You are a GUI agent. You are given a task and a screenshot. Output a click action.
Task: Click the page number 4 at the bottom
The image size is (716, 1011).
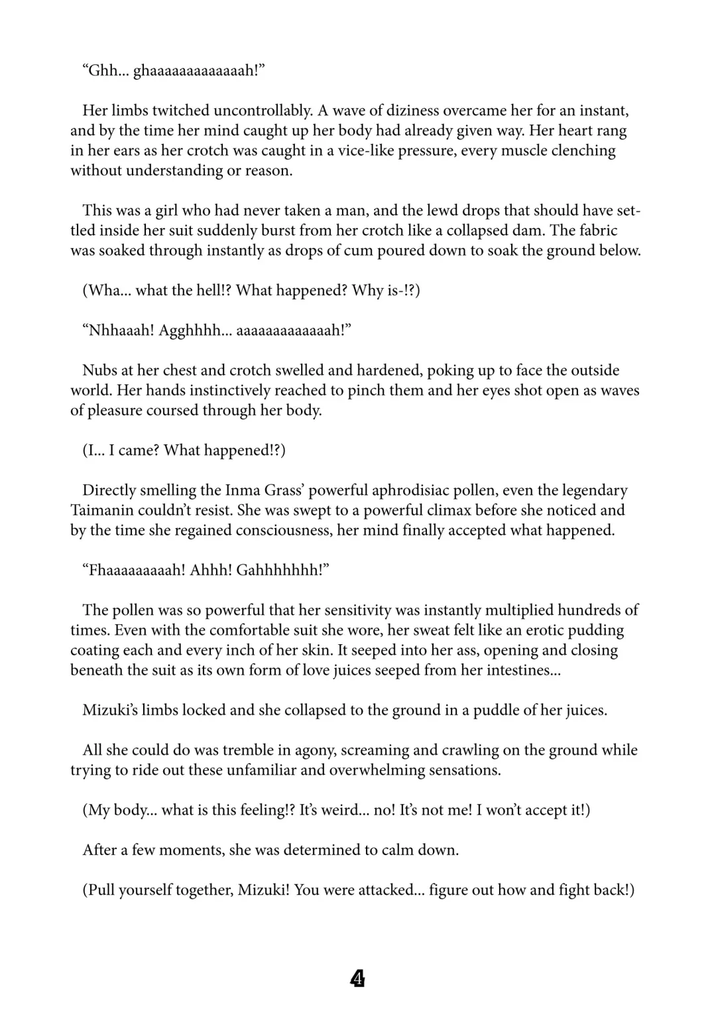[x=357, y=979]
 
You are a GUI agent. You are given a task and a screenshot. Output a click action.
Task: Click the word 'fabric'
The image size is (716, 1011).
[x=595, y=230]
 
